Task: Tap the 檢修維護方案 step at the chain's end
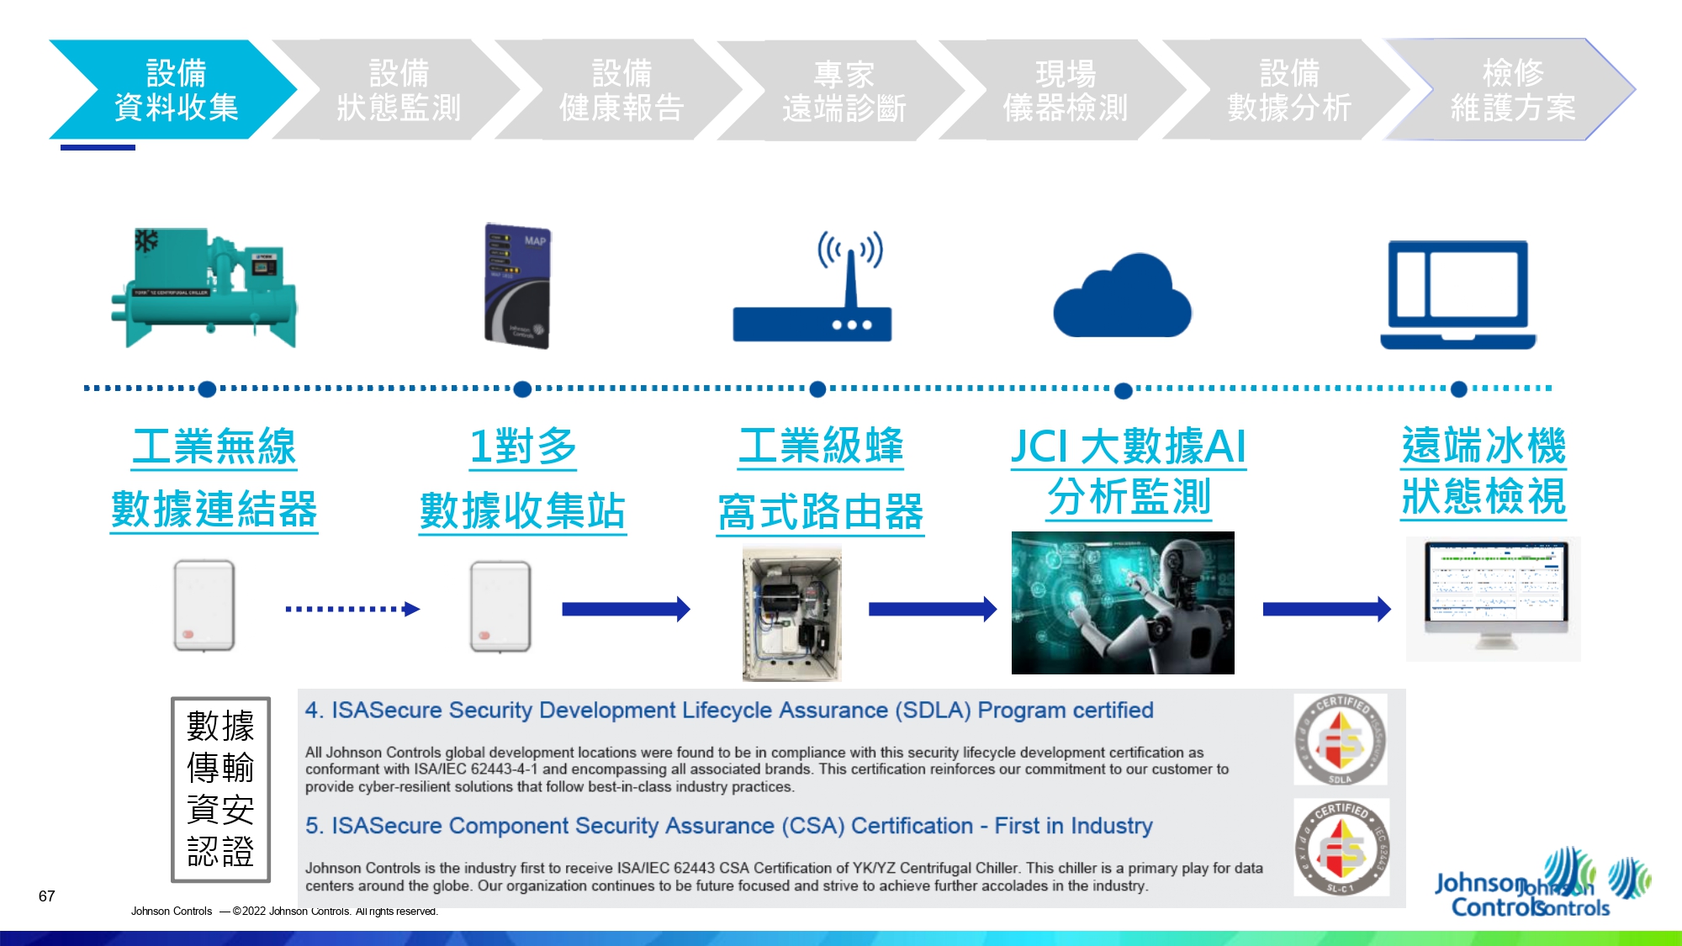click(x=1511, y=89)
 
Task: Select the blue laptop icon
click(x=1457, y=294)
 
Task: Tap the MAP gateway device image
click(x=517, y=285)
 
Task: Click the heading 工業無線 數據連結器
click(x=214, y=478)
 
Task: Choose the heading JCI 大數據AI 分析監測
click(x=1129, y=471)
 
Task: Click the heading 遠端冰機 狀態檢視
click(x=1484, y=471)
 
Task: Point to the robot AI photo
click(x=1123, y=602)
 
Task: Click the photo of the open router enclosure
click(x=791, y=612)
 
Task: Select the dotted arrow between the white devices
click(x=352, y=609)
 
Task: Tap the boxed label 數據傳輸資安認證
click(x=220, y=789)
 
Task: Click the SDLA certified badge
click(x=1341, y=739)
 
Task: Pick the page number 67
click(x=47, y=896)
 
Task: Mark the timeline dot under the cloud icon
click(x=1123, y=390)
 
